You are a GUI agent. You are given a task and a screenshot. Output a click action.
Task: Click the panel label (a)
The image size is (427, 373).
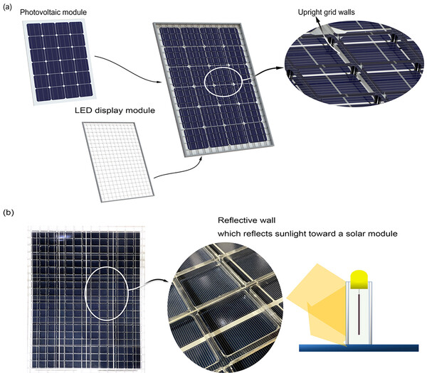click(x=7, y=7)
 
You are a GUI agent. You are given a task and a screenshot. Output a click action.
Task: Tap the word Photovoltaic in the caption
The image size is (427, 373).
click(x=36, y=13)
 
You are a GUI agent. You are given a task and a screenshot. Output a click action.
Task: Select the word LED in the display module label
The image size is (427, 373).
click(x=82, y=110)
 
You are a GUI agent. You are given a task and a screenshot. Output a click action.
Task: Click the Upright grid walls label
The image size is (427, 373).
click(x=326, y=12)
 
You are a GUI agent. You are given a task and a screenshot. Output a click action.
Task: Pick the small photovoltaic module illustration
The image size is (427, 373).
click(x=59, y=63)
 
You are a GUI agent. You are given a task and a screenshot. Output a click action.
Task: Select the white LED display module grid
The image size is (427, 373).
click(x=118, y=162)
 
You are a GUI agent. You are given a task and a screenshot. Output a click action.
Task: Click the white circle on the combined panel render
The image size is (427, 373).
click(x=204, y=82)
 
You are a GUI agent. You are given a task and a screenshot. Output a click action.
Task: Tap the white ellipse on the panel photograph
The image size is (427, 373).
click(x=85, y=293)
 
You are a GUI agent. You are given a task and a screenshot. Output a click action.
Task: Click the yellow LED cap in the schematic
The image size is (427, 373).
click(x=359, y=279)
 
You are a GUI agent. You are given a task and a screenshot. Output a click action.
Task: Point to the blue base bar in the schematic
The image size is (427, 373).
click(x=359, y=348)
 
